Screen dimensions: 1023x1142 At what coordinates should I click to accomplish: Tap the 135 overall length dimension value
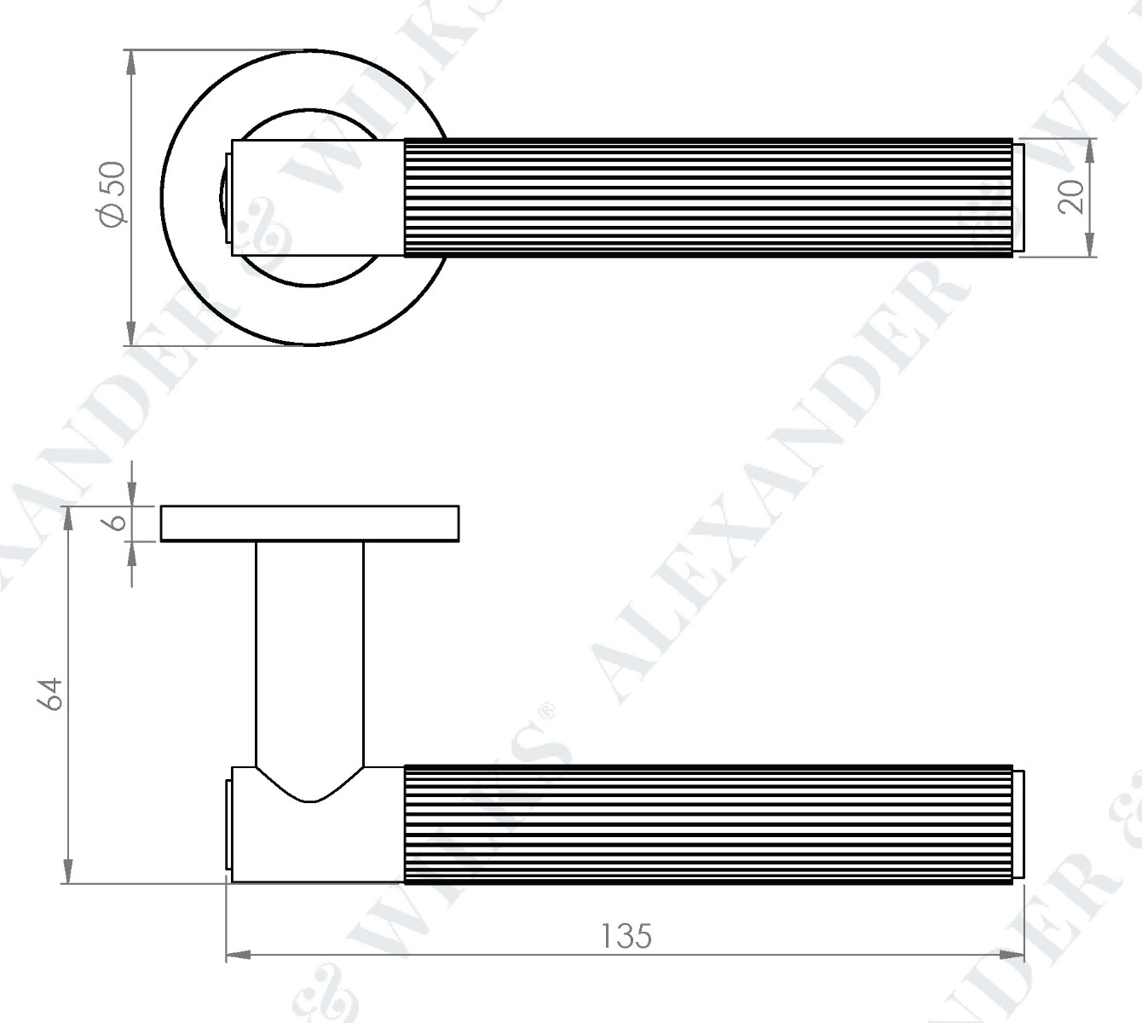click(x=626, y=936)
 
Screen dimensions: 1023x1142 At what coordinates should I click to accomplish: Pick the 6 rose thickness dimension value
click(x=120, y=522)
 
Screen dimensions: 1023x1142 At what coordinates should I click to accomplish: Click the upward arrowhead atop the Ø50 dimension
click(x=130, y=60)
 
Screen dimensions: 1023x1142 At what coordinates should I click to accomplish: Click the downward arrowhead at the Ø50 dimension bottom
click(x=130, y=335)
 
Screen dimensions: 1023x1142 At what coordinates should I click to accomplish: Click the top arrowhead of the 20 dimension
click(x=1090, y=148)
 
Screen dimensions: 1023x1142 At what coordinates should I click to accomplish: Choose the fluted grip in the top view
click(x=707, y=196)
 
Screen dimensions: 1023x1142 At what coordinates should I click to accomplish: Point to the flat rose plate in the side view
click(x=310, y=523)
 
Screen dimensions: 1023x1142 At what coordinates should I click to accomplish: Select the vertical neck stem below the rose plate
click(x=309, y=648)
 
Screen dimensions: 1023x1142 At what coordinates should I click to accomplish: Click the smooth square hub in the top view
click(x=317, y=196)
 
